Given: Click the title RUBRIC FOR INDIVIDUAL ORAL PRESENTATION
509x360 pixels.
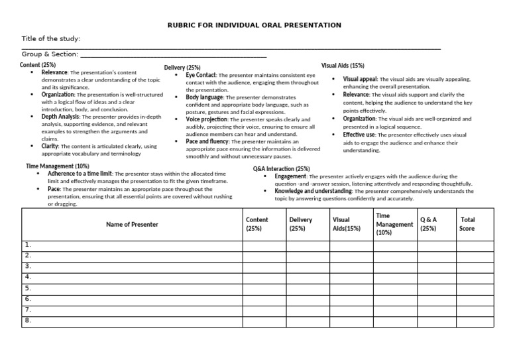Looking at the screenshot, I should pyautogui.click(x=254, y=25).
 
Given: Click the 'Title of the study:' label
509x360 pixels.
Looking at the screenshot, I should pyautogui.click(x=51, y=39).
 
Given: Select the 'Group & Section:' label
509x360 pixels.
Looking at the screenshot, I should pyautogui.click(x=50, y=54).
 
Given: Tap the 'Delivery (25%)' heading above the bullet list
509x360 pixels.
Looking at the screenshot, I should pyautogui.click(x=182, y=68).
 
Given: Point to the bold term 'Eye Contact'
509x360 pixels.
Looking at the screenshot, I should pyautogui.click(x=201, y=76).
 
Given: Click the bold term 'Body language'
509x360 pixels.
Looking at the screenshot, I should pyautogui.click(x=204, y=97).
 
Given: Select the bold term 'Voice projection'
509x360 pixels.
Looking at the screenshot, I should pyautogui.click(x=207, y=119).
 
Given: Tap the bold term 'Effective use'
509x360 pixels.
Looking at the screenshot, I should pyautogui.click(x=359, y=135).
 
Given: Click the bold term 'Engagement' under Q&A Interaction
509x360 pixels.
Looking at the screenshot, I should pyautogui.click(x=290, y=177).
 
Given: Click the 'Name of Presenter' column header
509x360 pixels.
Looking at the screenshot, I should pyautogui.click(x=132, y=224).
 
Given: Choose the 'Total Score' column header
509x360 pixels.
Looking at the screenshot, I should pyautogui.click(x=467, y=224).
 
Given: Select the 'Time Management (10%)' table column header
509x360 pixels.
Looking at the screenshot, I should pyautogui.click(x=394, y=224).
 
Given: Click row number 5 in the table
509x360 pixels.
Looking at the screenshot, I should pyautogui.click(x=28, y=288).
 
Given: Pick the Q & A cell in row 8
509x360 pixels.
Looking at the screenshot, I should pyautogui.click(x=428, y=321).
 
